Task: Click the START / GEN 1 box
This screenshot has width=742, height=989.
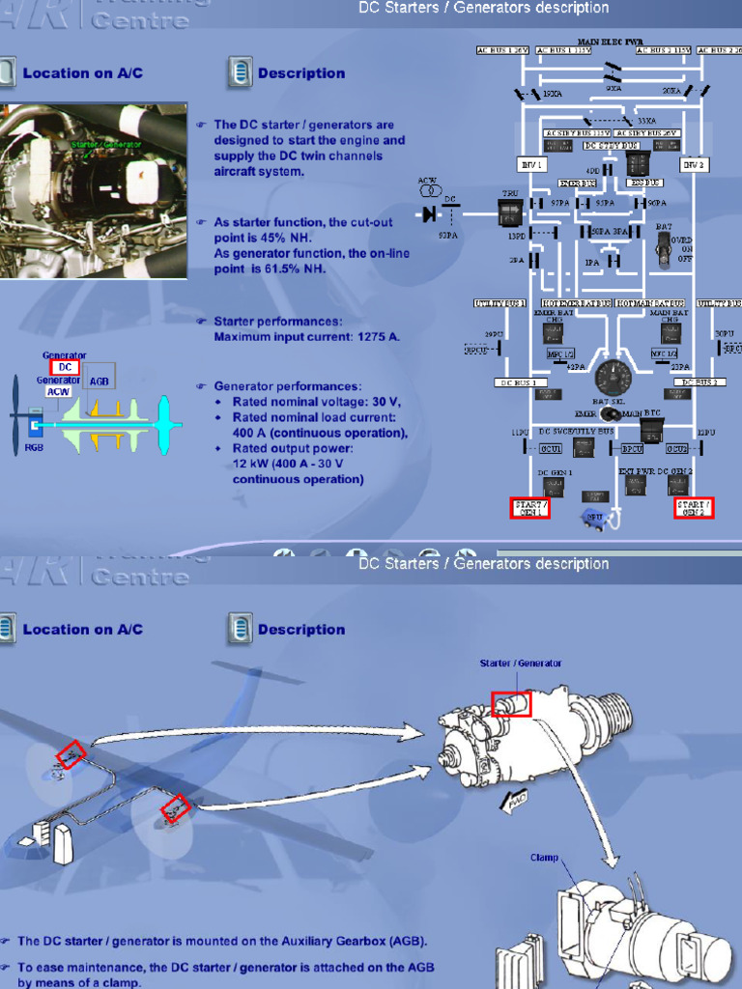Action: tap(529, 508)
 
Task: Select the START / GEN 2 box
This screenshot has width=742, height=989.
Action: tap(694, 508)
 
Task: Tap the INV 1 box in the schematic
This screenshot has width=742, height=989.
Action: tap(532, 165)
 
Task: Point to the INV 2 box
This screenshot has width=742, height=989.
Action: tap(693, 165)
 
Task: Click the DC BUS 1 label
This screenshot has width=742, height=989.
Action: tap(521, 382)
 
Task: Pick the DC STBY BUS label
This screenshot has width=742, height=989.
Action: tap(612, 146)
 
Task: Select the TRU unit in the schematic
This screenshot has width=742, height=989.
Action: tap(509, 212)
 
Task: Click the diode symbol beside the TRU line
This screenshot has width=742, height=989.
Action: tap(430, 214)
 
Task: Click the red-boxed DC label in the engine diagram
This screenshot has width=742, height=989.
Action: tap(64, 367)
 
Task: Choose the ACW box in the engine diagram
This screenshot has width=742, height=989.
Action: tap(59, 392)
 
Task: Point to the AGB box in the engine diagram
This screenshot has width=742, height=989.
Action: tap(100, 381)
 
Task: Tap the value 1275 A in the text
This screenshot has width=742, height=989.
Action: tap(380, 337)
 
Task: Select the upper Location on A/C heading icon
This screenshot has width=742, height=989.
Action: tap(7, 72)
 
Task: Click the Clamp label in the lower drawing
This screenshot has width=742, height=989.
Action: tap(544, 857)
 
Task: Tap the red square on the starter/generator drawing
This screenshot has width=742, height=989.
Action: tap(511, 704)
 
